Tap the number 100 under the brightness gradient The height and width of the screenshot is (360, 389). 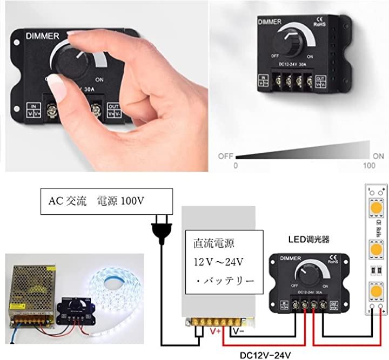point(369,165)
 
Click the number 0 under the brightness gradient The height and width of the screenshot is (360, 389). point(235,165)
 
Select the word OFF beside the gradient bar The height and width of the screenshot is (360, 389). point(225,155)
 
